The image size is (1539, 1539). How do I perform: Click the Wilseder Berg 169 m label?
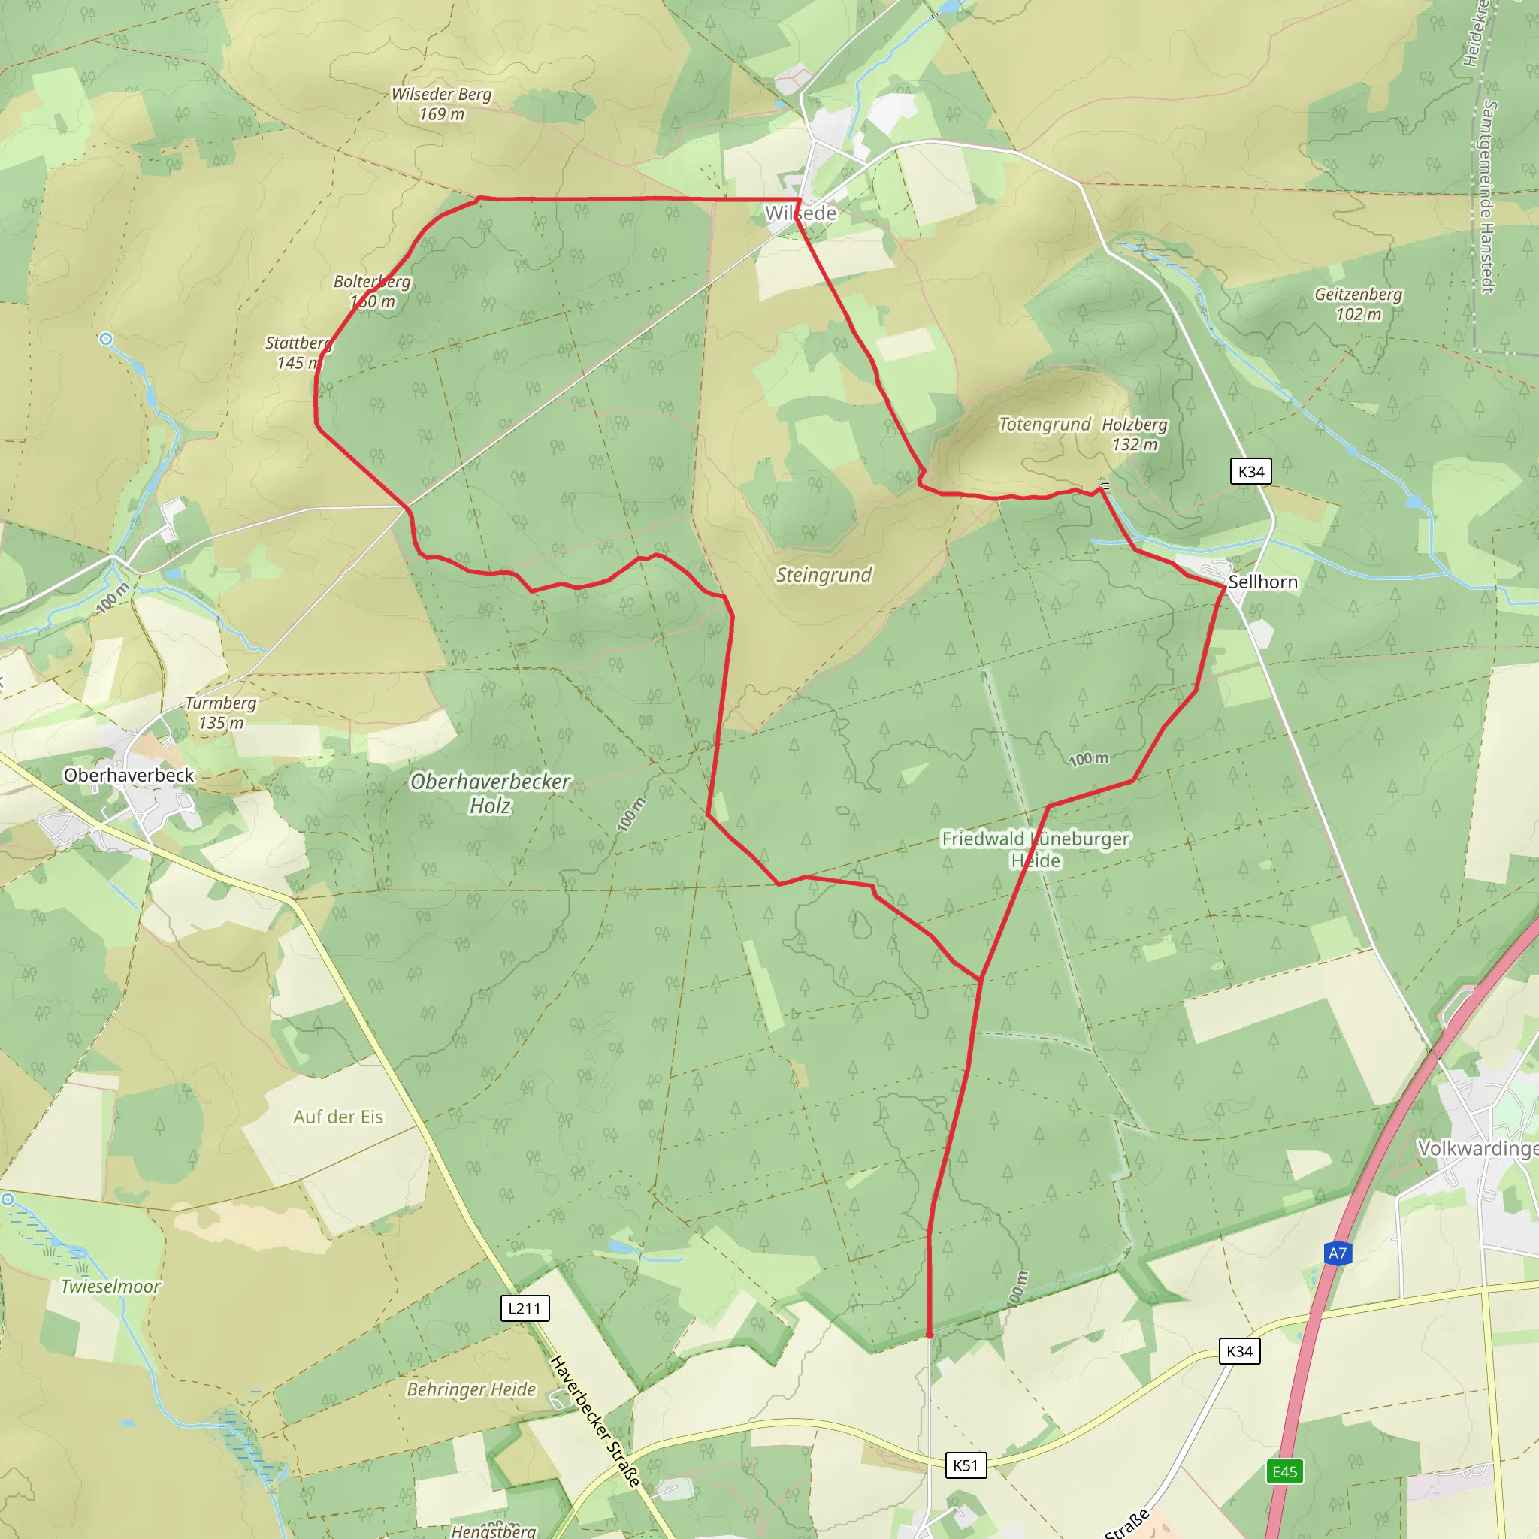coord(441,104)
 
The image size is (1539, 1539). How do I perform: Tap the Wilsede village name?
coord(800,213)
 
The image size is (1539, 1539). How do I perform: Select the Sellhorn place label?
coord(1262,582)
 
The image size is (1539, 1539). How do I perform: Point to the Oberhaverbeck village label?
coord(129,775)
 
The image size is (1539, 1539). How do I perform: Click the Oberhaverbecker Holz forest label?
coord(490,794)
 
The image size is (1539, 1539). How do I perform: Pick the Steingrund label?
coord(824,575)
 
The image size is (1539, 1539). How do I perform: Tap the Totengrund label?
coord(1045,425)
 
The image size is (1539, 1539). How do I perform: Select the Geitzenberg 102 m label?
coord(1358,304)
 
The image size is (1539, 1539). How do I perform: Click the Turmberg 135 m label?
coord(221,713)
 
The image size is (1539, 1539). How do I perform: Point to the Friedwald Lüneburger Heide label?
coord(1036,849)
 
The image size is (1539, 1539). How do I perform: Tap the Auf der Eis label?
coord(339,1117)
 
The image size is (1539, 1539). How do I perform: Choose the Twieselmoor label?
coord(110,1287)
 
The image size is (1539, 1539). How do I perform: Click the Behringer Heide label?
coord(472,1390)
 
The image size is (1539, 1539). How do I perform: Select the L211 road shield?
coord(525,1308)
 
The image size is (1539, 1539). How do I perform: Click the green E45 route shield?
coord(1285,1471)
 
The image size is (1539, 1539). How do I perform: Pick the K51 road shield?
coord(966,1465)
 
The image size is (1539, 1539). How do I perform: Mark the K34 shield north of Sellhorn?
coord(1250,472)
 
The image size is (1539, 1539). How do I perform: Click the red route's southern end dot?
coord(930,1335)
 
